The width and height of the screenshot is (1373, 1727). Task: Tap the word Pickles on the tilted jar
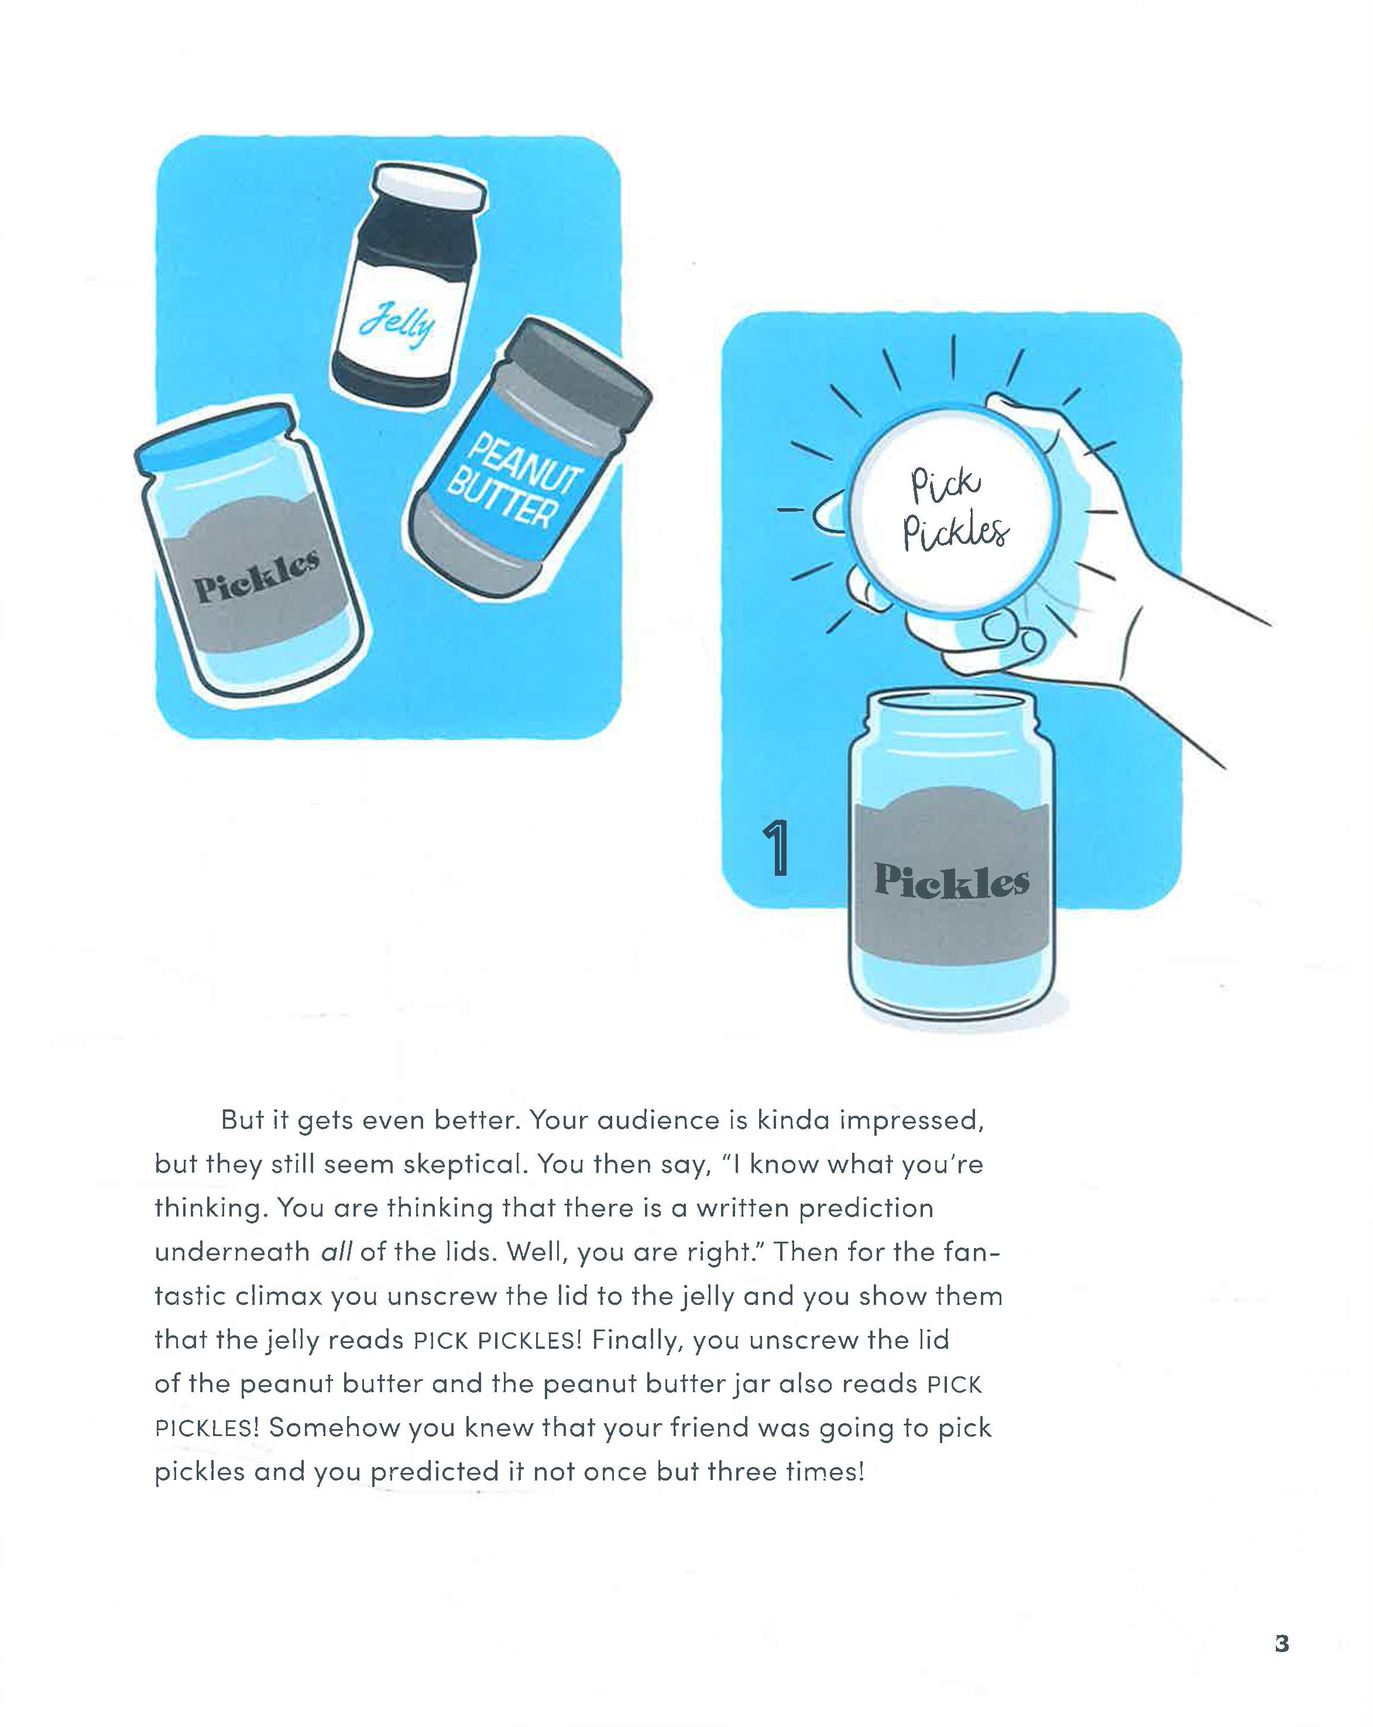point(256,577)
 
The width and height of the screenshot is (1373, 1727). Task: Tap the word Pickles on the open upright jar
point(951,880)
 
